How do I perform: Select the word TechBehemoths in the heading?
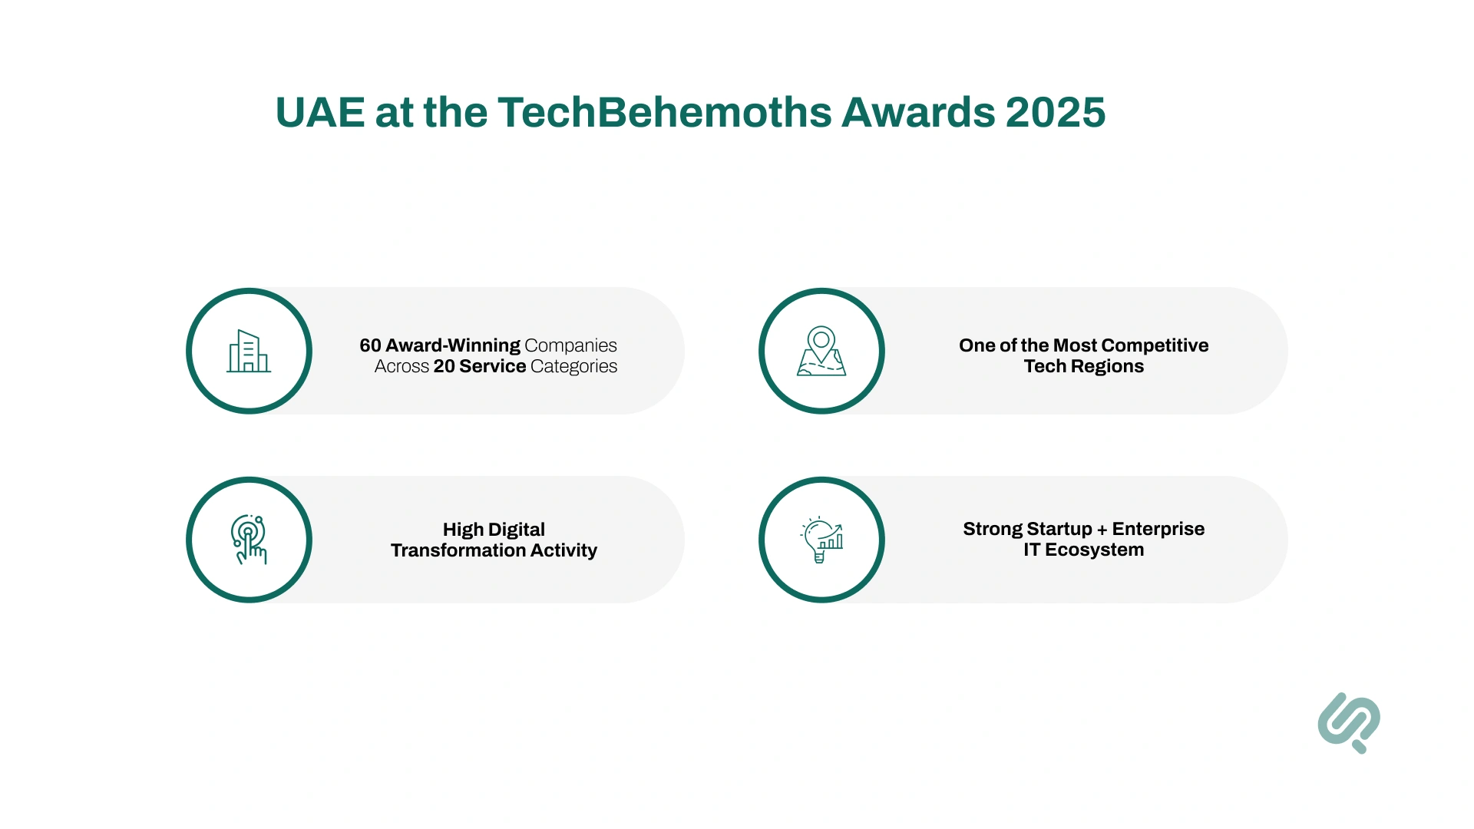click(x=664, y=113)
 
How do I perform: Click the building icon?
click(x=249, y=352)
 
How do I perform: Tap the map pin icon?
click(x=821, y=352)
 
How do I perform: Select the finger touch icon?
click(x=249, y=540)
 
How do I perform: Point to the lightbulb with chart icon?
click(x=821, y=540)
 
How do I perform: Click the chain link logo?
click(x=1349, y=722)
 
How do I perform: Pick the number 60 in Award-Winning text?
click(x=370, y=345)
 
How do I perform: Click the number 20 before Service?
click(x=444, y=366)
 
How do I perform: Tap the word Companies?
click(x=570, y=345)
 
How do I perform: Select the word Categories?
click(x=573, y=366)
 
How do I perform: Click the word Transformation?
click(x=448, y=550)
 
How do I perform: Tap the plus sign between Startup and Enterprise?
click(x=1102, y=530)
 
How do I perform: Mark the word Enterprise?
click(x=1158, y=529)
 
